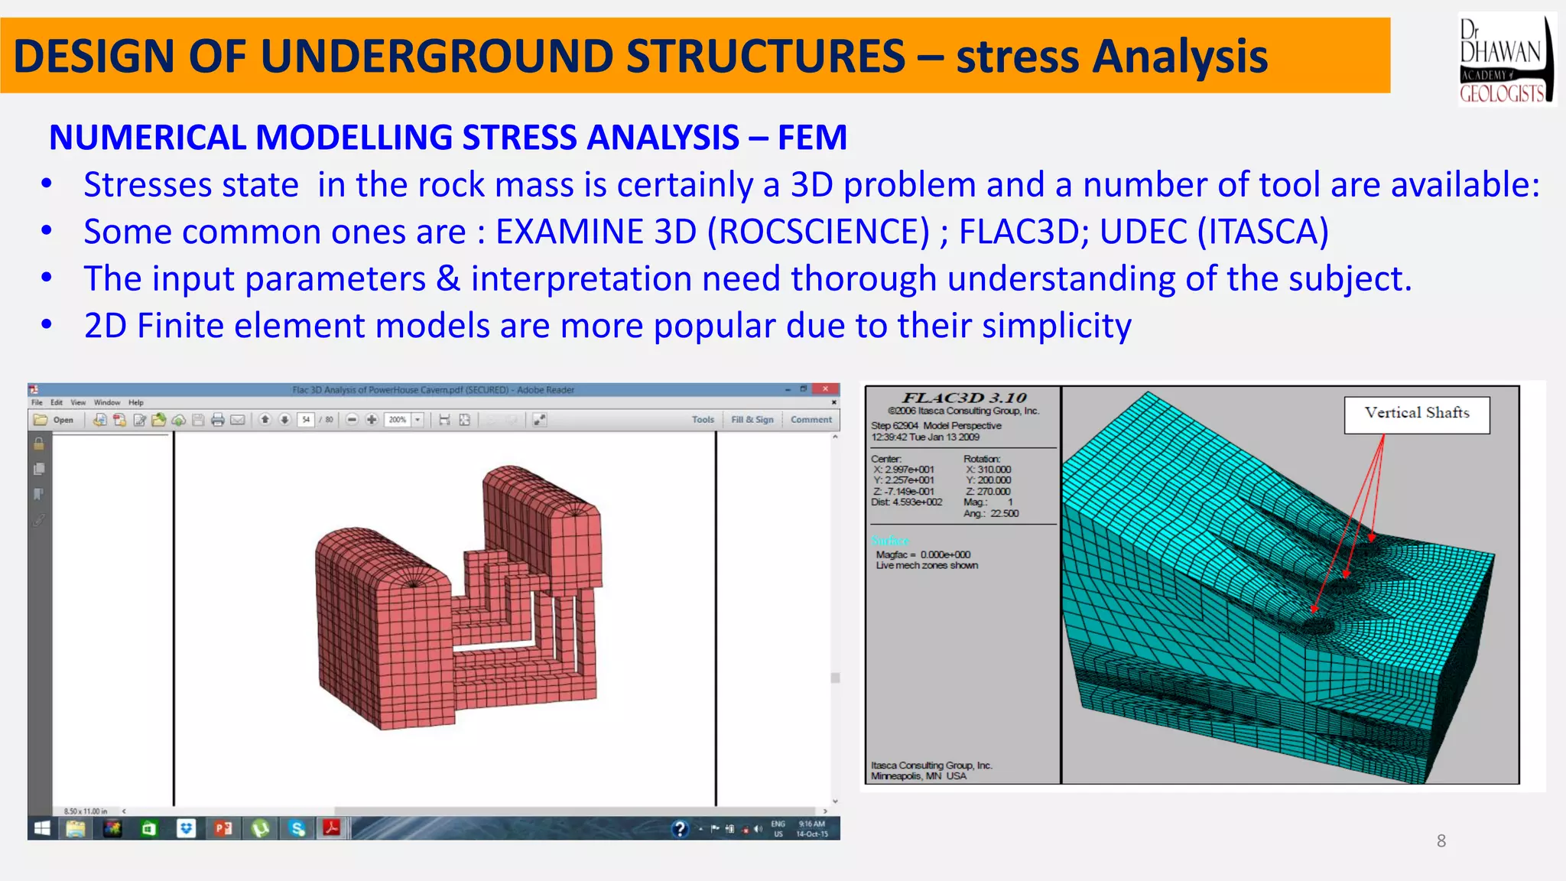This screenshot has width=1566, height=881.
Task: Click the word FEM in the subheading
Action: [812, 138]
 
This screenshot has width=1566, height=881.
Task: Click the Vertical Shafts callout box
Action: [1417, 414]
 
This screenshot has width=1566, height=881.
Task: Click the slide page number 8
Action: [1441, 841]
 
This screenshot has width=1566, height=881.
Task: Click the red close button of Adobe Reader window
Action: [825, 389]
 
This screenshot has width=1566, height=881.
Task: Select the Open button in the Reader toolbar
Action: [54, 420]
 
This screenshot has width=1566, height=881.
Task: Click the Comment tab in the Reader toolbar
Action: [811, 420]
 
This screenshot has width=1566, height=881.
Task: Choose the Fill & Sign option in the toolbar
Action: [752, 420]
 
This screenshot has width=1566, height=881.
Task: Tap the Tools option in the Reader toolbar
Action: [703, 420]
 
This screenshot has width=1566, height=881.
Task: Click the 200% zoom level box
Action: [398, 420]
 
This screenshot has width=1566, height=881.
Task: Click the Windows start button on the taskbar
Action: [42, 829]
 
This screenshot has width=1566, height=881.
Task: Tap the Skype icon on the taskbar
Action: [297, 829]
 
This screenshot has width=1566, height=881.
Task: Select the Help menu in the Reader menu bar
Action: [135, 402]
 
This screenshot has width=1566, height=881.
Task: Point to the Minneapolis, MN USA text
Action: [918, 776]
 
